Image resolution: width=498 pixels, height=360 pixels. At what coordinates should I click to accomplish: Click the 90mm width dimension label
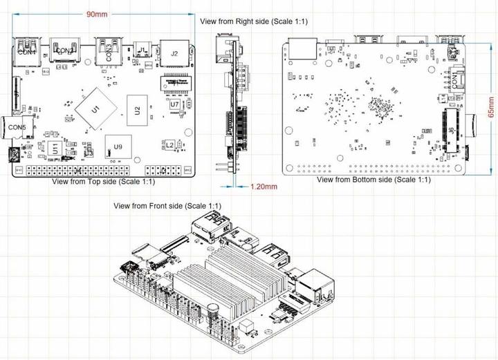[x=98, y=15]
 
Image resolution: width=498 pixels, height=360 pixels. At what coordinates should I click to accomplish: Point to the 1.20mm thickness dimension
[x=264, y=187]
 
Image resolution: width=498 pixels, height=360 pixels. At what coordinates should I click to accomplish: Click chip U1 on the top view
[x=96, y=108]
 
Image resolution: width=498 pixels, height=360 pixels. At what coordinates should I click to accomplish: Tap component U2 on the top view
[x=138, y=109]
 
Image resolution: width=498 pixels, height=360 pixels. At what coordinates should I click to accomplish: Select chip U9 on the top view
[x=118, y=146]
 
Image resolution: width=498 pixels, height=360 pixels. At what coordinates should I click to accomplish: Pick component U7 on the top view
[x=175, y=104]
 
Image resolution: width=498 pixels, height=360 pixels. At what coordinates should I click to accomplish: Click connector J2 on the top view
[x=174, y=52]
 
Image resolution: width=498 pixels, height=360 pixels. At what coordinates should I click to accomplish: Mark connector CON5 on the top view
[x=18, y=126]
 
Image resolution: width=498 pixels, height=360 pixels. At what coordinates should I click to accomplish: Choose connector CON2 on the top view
[x=66, y=50]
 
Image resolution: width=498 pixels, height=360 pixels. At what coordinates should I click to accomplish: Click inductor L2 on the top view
[x=169, y=144]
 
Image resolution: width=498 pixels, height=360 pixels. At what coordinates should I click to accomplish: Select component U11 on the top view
[x=55, y=147]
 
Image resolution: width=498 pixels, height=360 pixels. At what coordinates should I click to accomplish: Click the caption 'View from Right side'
[x=254, y=21]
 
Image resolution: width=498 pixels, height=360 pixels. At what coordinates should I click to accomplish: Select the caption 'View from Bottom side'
[x=373, y=180]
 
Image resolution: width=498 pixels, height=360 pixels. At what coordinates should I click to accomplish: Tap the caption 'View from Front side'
[x=167, y=206]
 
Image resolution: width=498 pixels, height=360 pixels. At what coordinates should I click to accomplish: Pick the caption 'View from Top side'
[x=104, y=182]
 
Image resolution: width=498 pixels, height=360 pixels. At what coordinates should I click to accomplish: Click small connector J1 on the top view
[x=142, y=50]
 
